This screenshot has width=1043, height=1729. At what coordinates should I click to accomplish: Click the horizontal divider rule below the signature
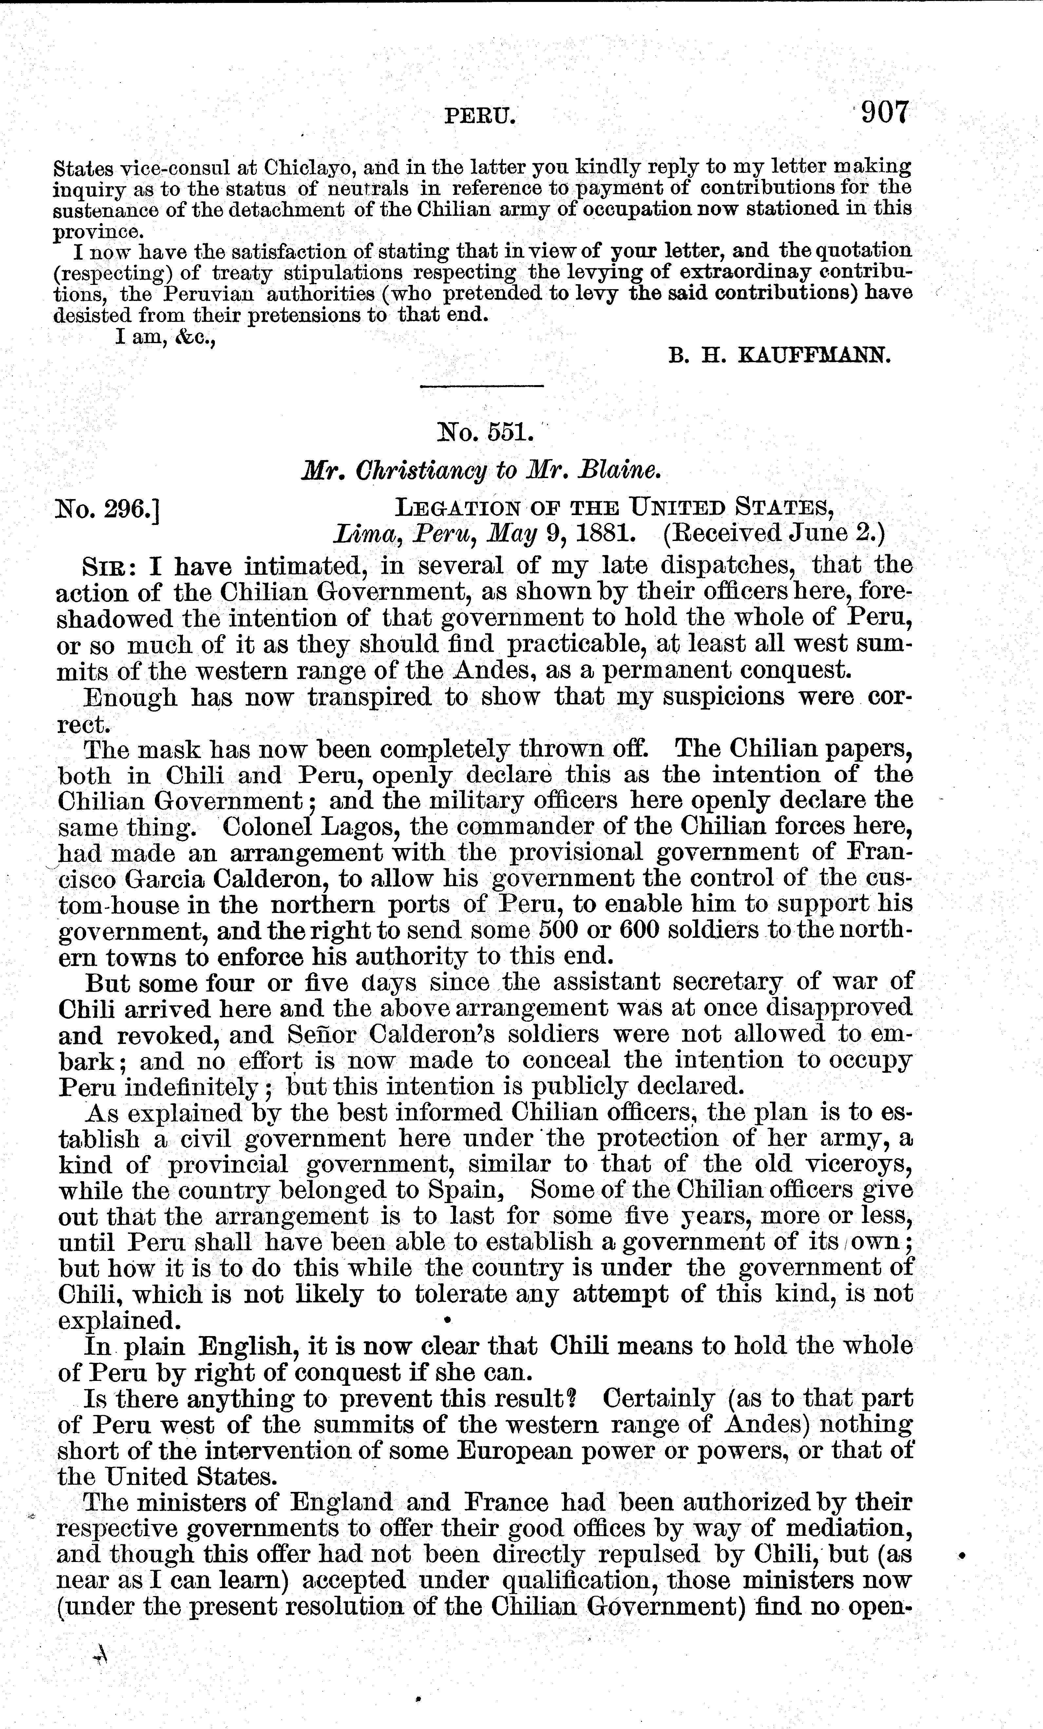click(x=482, y=386)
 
